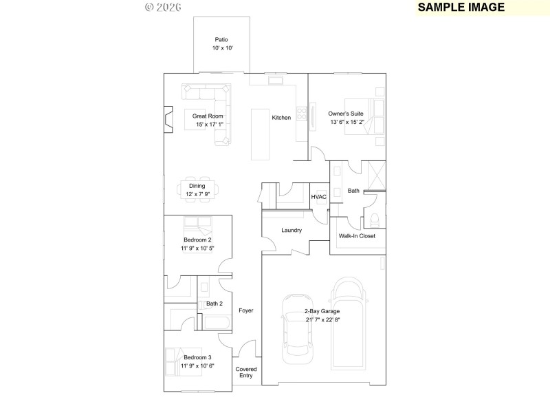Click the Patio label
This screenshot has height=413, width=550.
[x=221, y=40]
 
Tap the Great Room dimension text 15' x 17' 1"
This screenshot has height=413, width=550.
[x=208, y=125]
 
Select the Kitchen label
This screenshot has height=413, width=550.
[x=281, y=118]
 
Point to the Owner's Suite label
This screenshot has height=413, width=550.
[x=346, y=113]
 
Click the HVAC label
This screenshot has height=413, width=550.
[x=319, y=197]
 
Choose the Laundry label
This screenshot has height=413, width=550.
[x=291, y=230]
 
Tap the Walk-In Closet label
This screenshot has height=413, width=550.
[x=357, y=236]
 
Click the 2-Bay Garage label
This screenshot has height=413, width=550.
[x=322, y=311]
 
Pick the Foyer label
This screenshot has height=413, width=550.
[x=246, y=310]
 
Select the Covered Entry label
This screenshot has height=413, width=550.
[x=246, y=372]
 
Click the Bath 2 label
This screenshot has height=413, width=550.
[x=214, y=304]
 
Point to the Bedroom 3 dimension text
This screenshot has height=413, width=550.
[x=197, y=366]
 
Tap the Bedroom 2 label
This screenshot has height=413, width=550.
[x=197, y=240]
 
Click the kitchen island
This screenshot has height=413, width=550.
[x=261, y=133]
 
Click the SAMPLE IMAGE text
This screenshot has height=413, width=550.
[x=461, y=8]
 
